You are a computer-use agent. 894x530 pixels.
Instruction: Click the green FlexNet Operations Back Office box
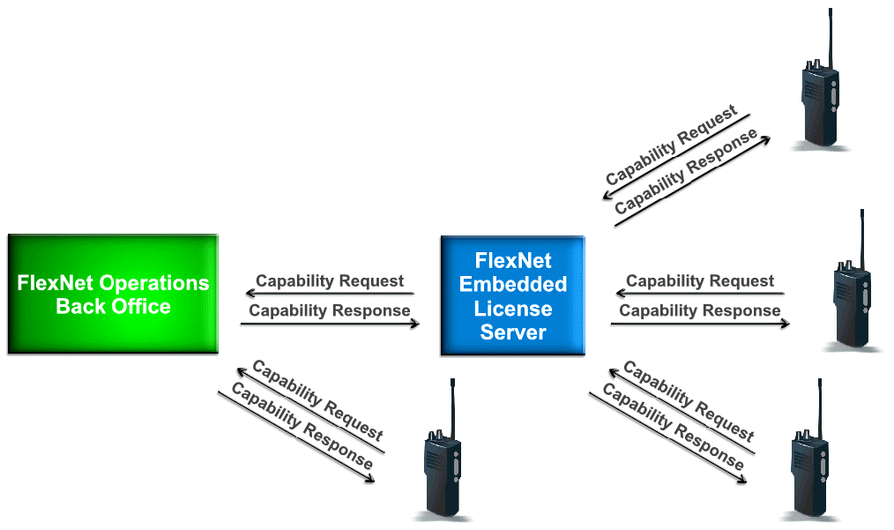coord(113,295)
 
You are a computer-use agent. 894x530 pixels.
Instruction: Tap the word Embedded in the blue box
coord(513,285)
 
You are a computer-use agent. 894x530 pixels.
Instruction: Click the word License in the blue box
coord(513,309)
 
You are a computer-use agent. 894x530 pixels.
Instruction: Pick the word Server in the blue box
coord(513,332)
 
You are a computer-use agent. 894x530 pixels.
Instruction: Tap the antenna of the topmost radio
coord(831,35)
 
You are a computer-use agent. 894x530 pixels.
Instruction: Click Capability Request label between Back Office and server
coord(330,281)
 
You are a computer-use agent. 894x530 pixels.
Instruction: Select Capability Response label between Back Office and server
coord(330,310)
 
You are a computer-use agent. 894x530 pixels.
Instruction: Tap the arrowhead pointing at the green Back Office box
coord(250,294)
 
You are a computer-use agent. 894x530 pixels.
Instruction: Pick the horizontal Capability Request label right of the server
coord(700,281)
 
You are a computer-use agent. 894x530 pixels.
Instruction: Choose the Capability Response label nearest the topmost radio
coord(687,174)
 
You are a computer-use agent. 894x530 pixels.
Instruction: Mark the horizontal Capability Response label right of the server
coord(700,310)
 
